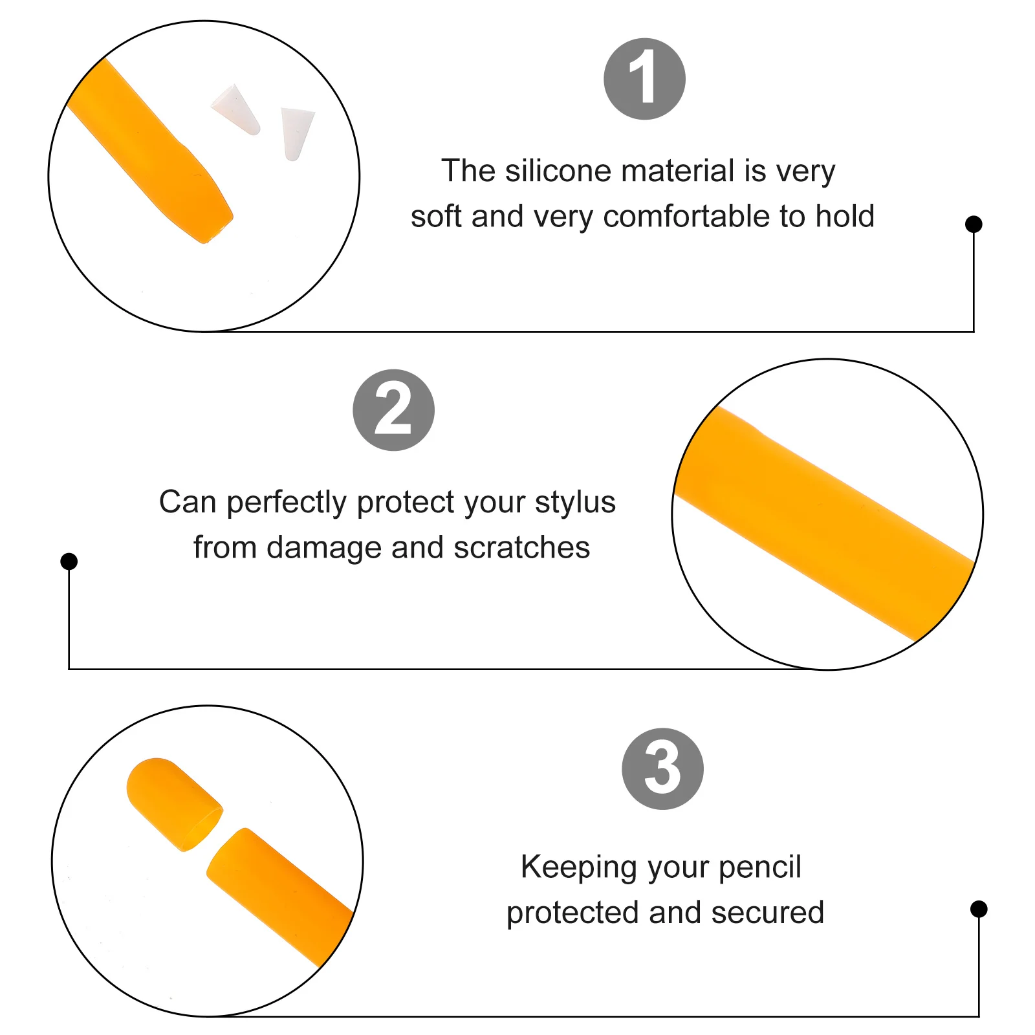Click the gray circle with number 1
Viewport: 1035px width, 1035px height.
[644, 79]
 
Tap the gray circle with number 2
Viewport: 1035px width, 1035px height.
[393, 410]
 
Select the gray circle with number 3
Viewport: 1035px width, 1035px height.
[662, 768]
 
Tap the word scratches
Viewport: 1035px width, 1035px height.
[521, 548]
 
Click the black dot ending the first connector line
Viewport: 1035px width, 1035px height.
[974, 224]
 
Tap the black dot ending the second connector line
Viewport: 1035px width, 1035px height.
[69, 561]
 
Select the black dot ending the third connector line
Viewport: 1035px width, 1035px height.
[979, 909]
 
